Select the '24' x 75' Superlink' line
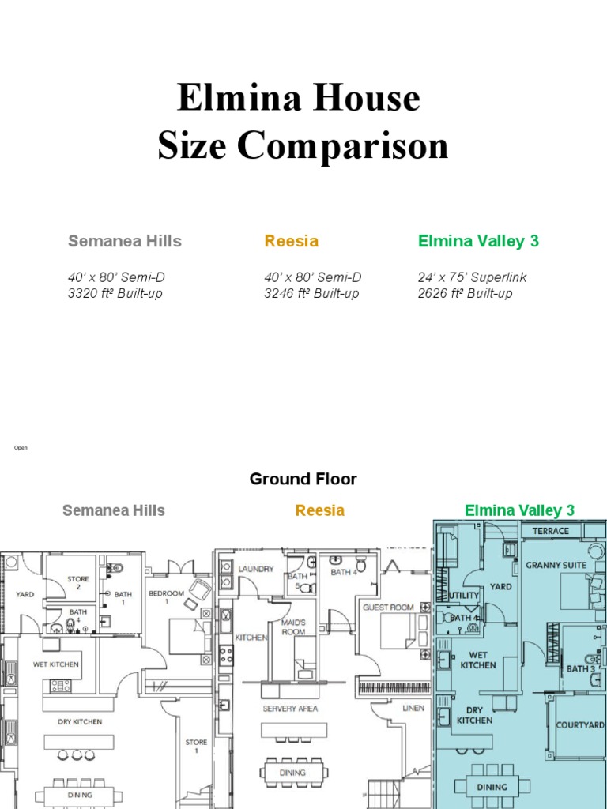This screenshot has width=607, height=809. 472,277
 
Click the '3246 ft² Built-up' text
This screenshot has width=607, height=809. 311,293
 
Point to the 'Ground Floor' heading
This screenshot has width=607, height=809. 303,479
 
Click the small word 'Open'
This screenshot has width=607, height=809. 21,448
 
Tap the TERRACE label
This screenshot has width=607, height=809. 550,531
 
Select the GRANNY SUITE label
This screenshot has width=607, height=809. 556,566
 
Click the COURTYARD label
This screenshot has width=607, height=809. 580,724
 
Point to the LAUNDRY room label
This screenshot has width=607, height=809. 256,569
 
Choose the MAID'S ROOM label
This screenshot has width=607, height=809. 293,627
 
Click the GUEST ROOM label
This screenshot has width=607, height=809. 388,608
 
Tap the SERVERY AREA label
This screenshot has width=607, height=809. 290,709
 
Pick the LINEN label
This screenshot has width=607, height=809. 413,708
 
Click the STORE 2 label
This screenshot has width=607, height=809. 78,583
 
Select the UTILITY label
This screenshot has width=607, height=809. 464,595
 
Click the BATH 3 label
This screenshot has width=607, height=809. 580,669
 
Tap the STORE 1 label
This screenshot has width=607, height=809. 196,746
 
